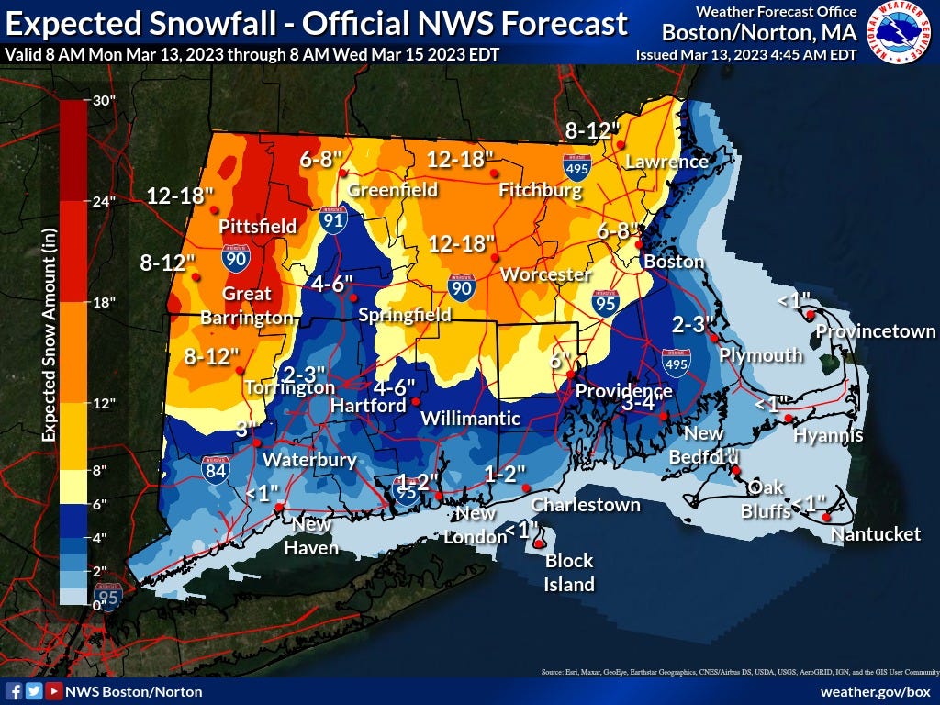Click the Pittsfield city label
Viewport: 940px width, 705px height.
pos(257,226)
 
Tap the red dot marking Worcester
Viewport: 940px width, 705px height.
pos(493,255)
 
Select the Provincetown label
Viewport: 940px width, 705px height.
pos(875,331)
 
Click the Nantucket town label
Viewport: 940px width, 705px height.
pos(875,533)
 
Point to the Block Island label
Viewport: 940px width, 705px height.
pos(569,572)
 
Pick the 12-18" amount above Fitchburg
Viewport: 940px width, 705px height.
pos(461,160)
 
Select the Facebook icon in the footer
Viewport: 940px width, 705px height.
pos(14,690)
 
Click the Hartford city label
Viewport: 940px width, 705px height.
pos(367,405)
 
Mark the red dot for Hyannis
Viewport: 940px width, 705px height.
pos(788,419)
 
